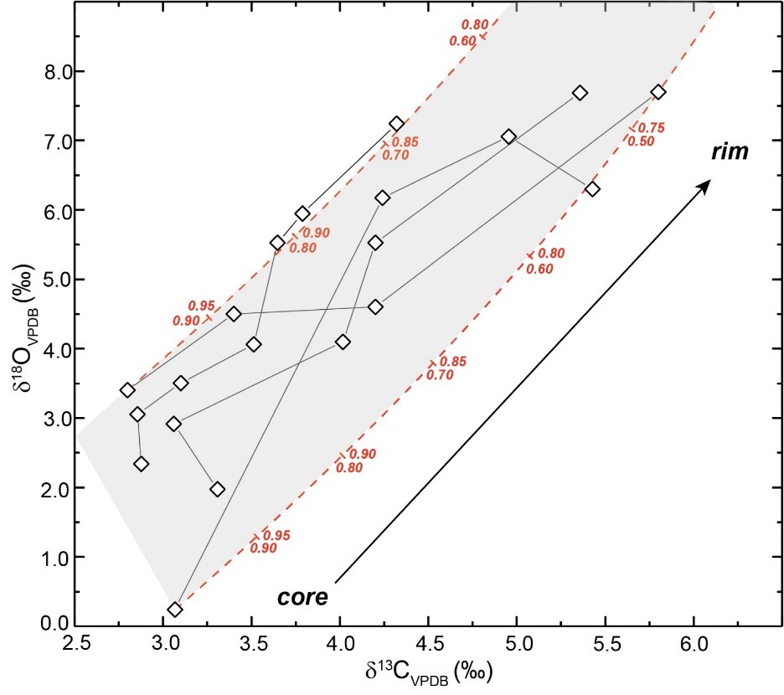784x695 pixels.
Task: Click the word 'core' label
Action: [302, 597]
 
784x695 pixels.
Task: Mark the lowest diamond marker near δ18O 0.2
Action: [174, 610]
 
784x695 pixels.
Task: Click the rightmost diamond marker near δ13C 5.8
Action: [658, 92]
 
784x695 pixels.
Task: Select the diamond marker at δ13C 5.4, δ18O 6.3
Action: [593, 189]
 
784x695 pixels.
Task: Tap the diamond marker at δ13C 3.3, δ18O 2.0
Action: [218, 489]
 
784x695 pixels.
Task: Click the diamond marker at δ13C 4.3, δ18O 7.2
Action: [397, 124]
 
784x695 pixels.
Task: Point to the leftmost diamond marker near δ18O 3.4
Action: [127, 390]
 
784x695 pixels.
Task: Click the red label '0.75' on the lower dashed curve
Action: [652, 127]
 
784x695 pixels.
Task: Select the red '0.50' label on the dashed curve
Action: [641, 141]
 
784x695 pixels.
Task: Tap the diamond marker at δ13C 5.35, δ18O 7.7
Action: [580, 93]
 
